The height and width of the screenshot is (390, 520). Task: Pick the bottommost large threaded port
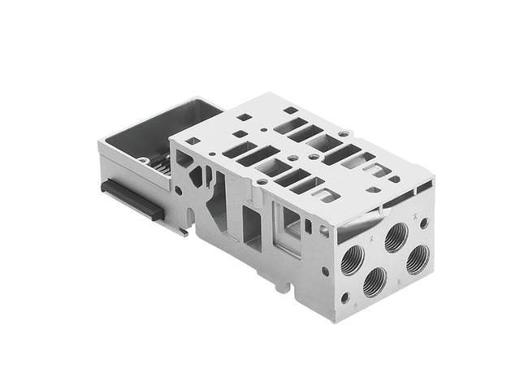(x=375, y=282)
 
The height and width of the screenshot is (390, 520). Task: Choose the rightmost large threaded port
(x=418, y=258)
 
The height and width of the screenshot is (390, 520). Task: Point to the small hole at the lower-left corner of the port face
(x=344, y=297)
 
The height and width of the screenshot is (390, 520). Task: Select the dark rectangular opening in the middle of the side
(x=252, y=227)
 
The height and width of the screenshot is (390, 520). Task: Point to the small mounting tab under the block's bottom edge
(x=281, y=286)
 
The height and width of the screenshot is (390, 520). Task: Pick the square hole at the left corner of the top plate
(x=193, y=141)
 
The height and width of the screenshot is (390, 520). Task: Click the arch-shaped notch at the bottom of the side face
(x=195, y=217)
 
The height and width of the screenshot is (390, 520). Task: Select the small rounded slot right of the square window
(x=309, y=226)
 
